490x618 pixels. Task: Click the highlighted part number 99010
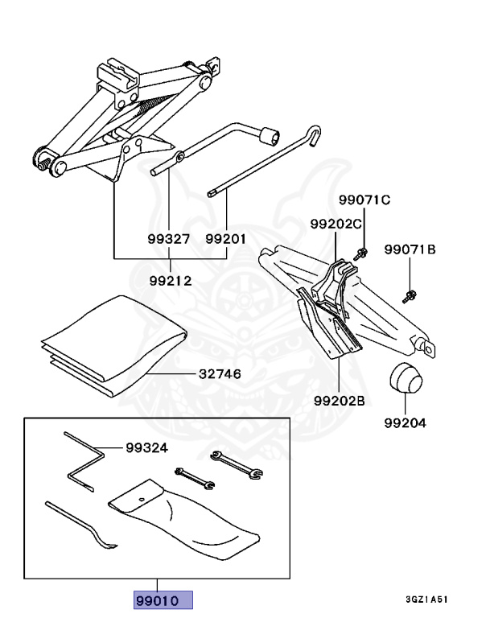click(x=163, y=601)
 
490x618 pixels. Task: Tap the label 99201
click(x=225, y=238)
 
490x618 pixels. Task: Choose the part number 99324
click(x=146, y=448)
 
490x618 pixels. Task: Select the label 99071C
click(x=364, y=200)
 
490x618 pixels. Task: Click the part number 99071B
click(x=410, y=249)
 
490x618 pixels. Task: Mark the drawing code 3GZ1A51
click(x=427, y=599)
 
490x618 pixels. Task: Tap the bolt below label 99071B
click(x=410, y=294)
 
